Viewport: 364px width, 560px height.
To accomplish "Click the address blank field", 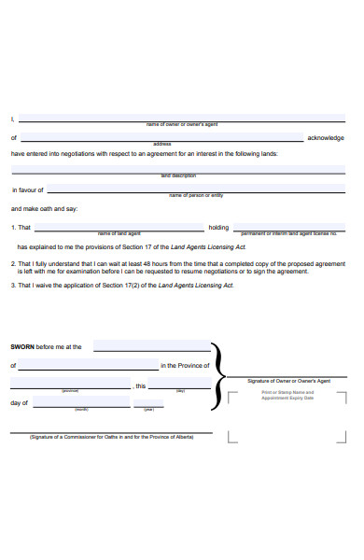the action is (x=161, y=137).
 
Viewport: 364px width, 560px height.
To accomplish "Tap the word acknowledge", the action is (x=326, y=138).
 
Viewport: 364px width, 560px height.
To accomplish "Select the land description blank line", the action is (x=177, y=171).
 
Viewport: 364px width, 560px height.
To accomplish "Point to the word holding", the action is (x=218, y=227).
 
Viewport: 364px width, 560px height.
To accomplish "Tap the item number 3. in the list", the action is (x=13, y=286).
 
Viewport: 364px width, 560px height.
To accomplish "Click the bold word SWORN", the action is (x=21, y=346).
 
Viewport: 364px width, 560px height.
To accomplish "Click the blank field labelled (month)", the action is (x=81, y=402).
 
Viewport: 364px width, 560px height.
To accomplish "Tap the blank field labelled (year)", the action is (x=149, y=402).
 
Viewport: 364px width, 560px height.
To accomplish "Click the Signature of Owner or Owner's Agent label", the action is (x=289, y=382).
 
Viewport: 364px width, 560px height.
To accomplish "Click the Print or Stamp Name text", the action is (x=287, y=393).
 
